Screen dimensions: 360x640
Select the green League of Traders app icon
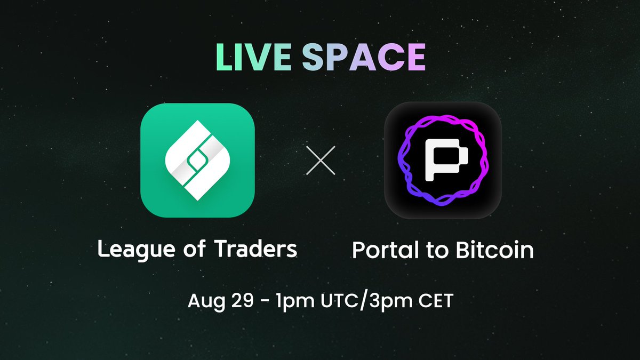pos(197,160)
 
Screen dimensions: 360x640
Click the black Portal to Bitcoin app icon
pos(443,160)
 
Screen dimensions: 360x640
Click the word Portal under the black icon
pos(381,250)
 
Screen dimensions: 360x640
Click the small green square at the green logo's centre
pos(197,159)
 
